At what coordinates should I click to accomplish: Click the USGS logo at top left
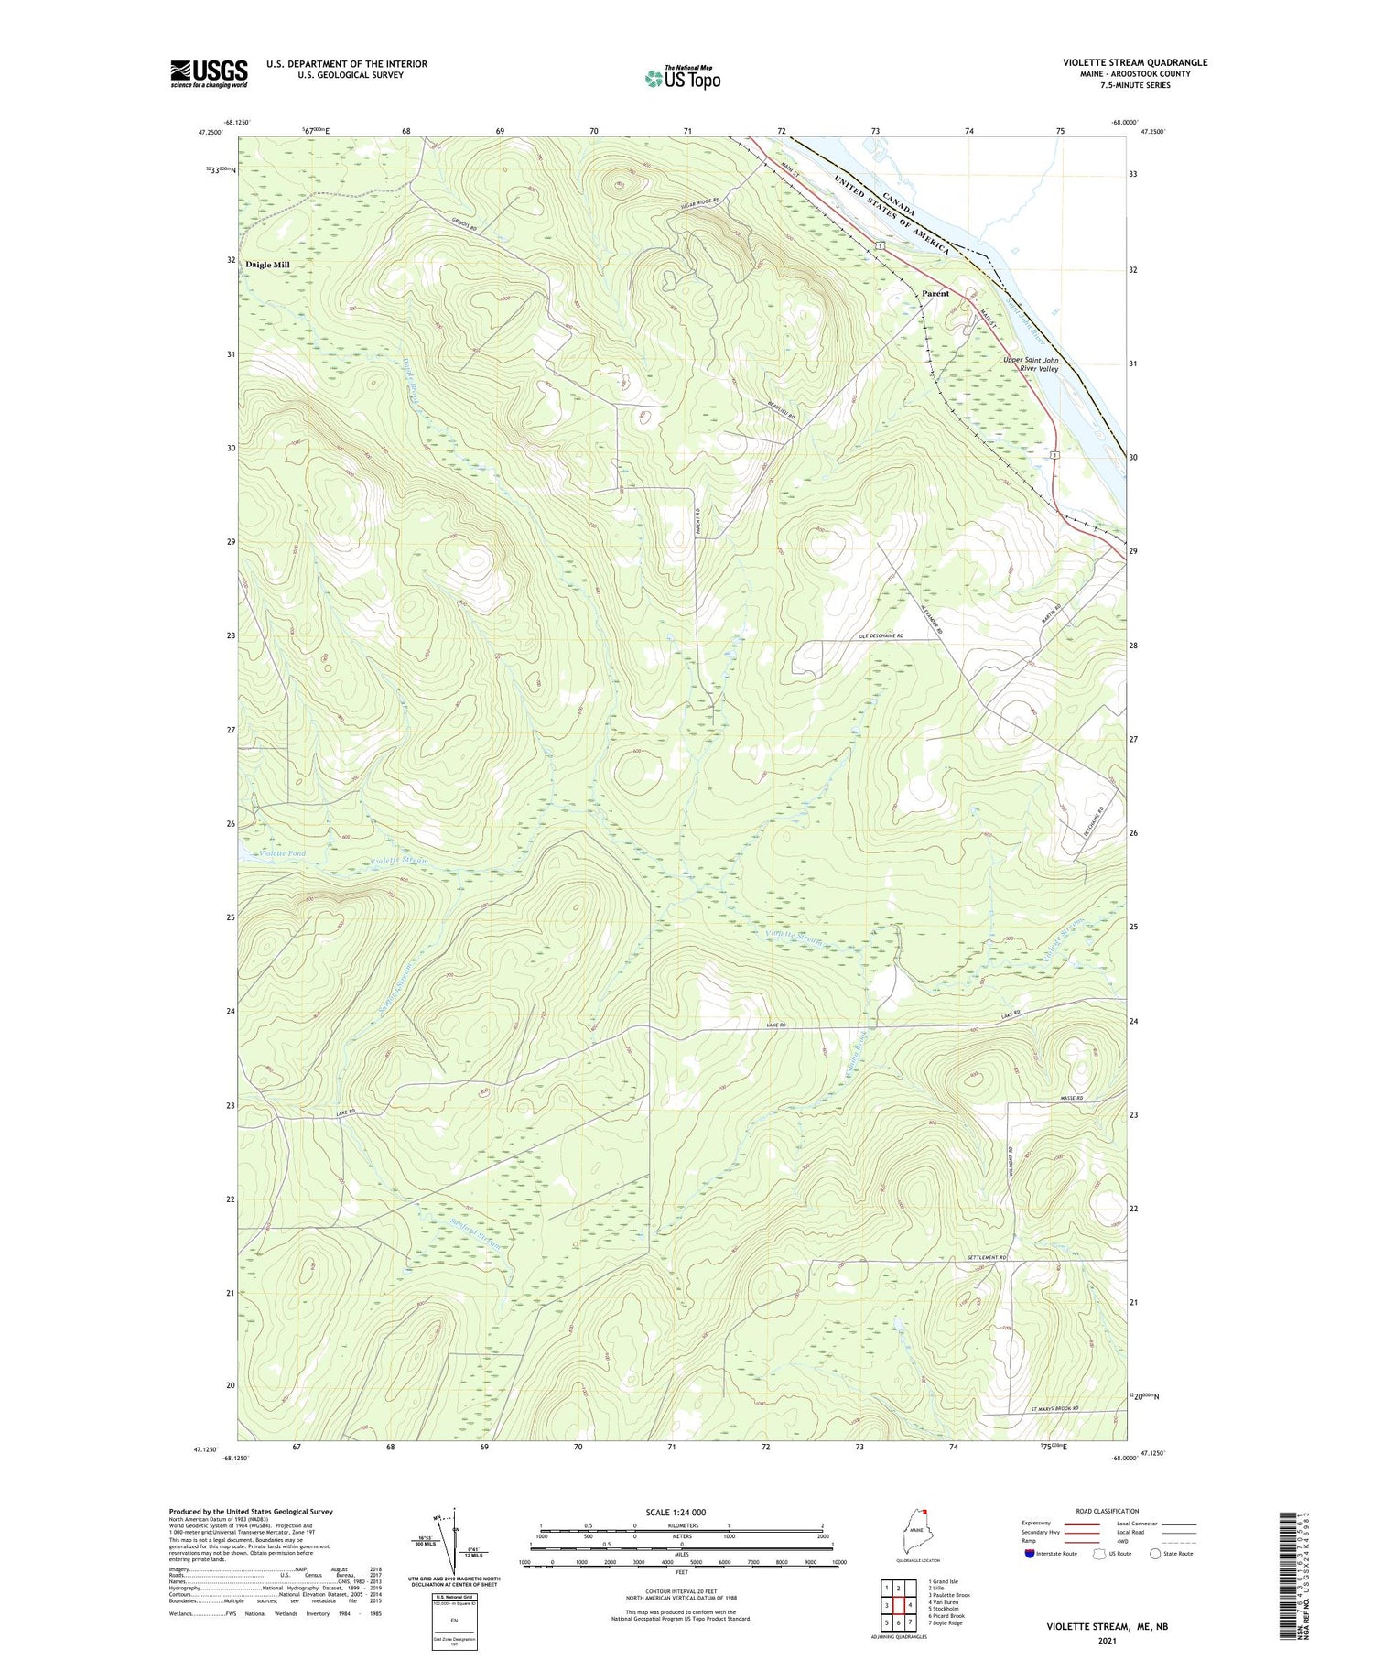pos(209,73)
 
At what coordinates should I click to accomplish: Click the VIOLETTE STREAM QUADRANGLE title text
pos(1134,62)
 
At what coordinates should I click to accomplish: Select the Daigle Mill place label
pos(267,265)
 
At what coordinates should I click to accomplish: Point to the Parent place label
pos(935,294)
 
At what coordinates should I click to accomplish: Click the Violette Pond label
pos(282,853)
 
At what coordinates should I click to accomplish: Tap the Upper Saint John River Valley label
pos(1031,364)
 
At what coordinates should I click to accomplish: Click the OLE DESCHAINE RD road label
pos(881,635)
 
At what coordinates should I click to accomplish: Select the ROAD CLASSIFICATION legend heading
pos(1108,1511)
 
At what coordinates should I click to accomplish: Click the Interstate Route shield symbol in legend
pos(1030,1554)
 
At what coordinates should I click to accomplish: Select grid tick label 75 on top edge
pos(1060,131)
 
